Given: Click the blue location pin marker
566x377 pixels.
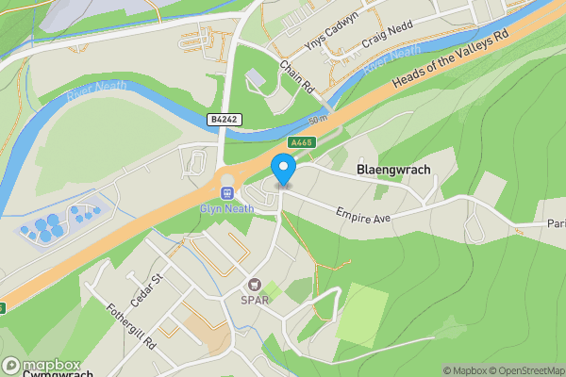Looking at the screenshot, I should pos(283,171).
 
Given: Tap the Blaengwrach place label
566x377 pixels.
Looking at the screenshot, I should pos(393,170).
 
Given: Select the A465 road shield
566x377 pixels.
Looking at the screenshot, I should pos(301,142).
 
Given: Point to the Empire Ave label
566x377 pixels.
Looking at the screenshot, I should pos(363,214).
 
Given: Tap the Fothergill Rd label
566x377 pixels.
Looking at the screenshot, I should pos(131,326).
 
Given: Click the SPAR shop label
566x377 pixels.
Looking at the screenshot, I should pos(254,301).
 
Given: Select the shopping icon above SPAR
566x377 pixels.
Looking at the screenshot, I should pos(254,285).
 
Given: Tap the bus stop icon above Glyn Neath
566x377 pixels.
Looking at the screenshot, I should pos(227,192).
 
